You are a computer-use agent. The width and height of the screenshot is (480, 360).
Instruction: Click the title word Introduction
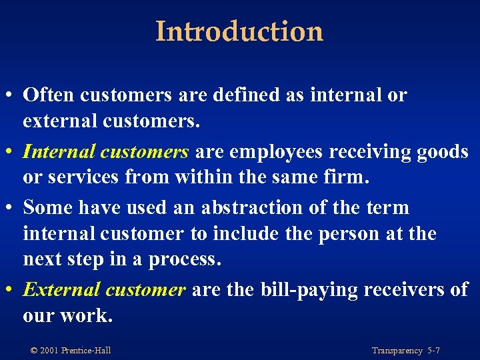(239, 31)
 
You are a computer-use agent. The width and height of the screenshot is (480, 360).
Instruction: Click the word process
(184, 260)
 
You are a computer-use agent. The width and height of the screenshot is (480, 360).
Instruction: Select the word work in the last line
(89, 315)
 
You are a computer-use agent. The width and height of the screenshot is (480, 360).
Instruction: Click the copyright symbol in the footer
(34, 351)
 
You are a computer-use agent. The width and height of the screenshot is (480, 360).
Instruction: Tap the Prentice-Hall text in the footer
(86, 351)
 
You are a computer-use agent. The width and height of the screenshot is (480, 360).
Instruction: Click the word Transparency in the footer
(397, 351)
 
